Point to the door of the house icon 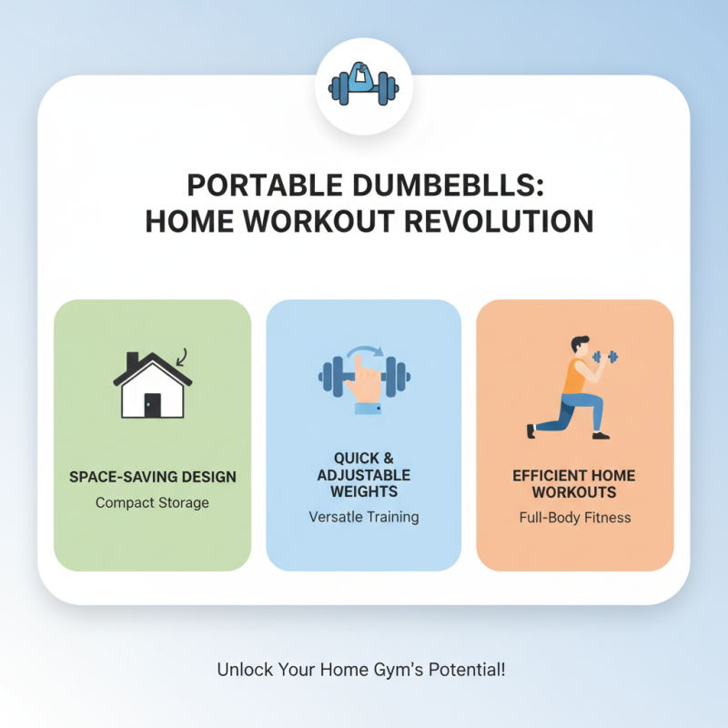[x=152, y=405]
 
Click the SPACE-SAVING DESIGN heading [x=152, y=477]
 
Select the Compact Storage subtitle [x=152, y=502]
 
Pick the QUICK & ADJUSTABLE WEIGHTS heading [x=363, y=476]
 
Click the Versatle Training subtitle [x=363, y=517]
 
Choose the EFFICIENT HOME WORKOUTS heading [x=574, y=484]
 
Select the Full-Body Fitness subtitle [x=574, y=518]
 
